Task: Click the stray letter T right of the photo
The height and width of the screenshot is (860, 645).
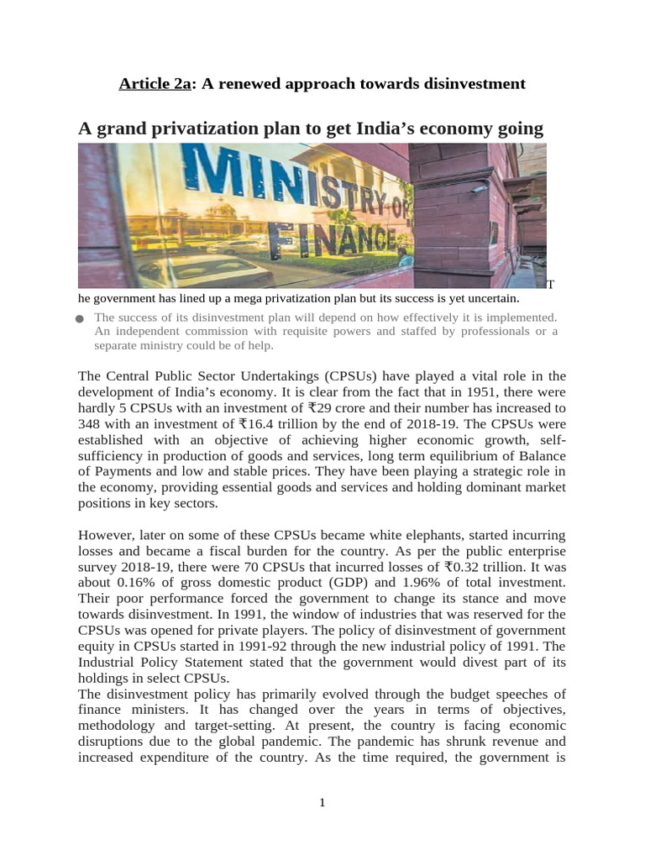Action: point(551,286)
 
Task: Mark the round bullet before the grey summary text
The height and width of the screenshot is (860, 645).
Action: point(80,319)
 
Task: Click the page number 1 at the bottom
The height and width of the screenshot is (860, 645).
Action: point(322,803)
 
